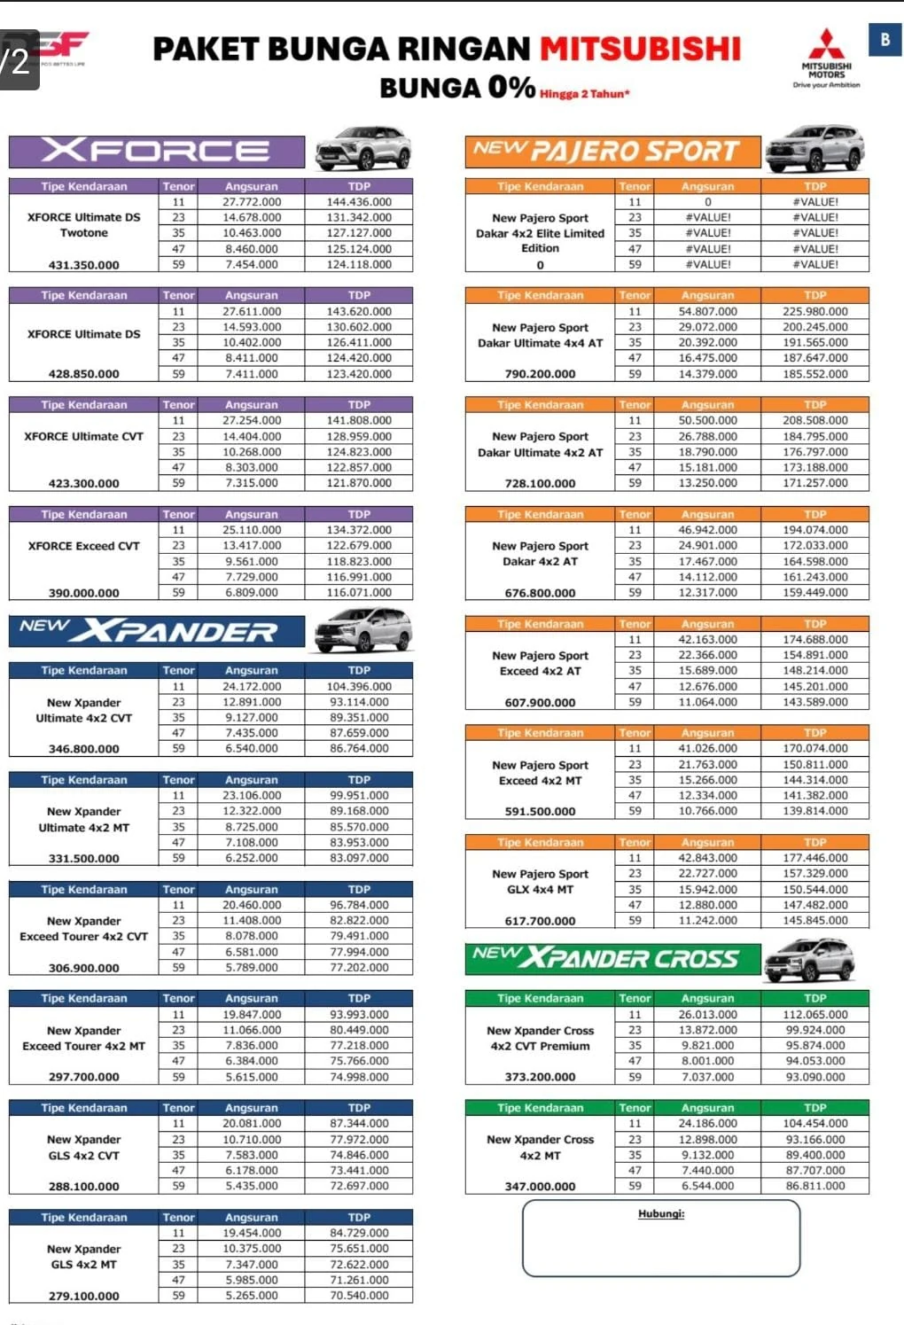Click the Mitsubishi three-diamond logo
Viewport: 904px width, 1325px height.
826,45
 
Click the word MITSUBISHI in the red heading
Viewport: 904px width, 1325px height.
640,49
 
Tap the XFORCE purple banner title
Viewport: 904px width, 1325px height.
156,151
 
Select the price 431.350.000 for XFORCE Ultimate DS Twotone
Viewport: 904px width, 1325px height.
83,265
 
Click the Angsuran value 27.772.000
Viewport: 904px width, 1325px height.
252,202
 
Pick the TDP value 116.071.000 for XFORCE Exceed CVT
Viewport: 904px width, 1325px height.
359,593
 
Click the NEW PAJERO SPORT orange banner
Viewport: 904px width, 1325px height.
612,152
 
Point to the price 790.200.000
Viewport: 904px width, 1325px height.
540,374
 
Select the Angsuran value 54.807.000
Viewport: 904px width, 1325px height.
707,312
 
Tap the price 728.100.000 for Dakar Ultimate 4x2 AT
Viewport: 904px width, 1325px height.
540,484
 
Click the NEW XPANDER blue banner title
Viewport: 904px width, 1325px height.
156,632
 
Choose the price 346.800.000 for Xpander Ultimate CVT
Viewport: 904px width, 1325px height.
83,749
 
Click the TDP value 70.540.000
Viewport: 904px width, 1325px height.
359,1296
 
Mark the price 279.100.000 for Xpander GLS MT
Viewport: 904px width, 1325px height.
83,1297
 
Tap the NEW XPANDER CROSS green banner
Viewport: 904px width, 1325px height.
612,958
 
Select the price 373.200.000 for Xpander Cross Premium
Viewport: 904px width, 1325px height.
540,1078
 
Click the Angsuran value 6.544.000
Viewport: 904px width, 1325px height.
707,1186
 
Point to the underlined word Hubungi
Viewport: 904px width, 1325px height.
661,1213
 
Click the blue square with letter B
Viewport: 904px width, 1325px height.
885,40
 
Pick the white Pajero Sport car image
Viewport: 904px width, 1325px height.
814,148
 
